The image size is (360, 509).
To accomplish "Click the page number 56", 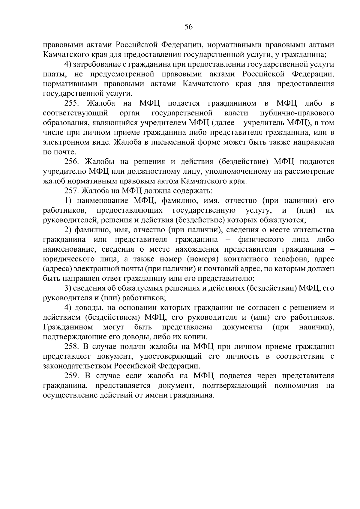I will (188, 27).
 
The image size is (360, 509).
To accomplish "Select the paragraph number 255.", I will (72, 103).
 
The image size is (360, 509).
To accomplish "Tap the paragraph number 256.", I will (72, 162).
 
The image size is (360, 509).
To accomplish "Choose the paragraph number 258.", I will (72, 347).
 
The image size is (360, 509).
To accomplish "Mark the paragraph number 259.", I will (72, 376).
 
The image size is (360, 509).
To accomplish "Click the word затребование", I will (98, 64).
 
